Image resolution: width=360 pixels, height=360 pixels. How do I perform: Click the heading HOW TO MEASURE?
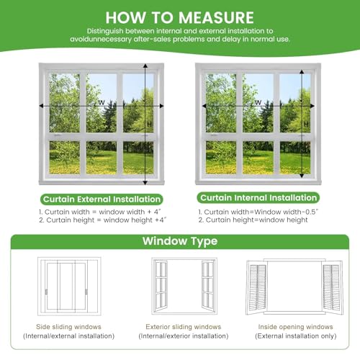[179, 17]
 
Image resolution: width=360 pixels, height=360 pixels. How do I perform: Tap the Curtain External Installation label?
[102, 199]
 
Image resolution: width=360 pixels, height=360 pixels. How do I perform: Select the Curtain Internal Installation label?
[258, 198]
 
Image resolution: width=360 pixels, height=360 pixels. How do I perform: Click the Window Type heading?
[180, 240]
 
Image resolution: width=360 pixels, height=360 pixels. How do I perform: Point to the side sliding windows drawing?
[69, 286]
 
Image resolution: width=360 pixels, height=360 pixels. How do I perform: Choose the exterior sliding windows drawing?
[184, 286]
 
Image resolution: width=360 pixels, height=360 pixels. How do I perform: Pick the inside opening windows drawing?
[294, 287]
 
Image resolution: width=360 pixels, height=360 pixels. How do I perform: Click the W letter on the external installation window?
[102, 102]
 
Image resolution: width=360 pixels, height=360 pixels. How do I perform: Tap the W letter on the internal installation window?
[258, 102]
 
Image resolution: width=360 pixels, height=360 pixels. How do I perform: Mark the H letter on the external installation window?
[150, 124]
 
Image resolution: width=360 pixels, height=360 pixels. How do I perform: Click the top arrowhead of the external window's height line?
[145, 66]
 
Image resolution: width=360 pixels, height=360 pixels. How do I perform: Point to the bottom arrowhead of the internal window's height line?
[302, 176]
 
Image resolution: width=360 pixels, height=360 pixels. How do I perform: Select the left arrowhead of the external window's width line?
[41, 106]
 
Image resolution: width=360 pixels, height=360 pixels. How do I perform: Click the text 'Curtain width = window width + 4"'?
[100, 212]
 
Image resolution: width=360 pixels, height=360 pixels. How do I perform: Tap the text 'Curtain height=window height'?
[253, 220]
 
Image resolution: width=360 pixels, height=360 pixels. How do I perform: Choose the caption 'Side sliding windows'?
[68, 327]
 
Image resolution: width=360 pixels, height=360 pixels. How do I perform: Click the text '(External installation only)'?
[296, 336]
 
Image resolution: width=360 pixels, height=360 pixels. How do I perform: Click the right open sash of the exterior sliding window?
[208, 286]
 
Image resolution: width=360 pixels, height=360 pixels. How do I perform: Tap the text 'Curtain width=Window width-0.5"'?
[258, 212]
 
